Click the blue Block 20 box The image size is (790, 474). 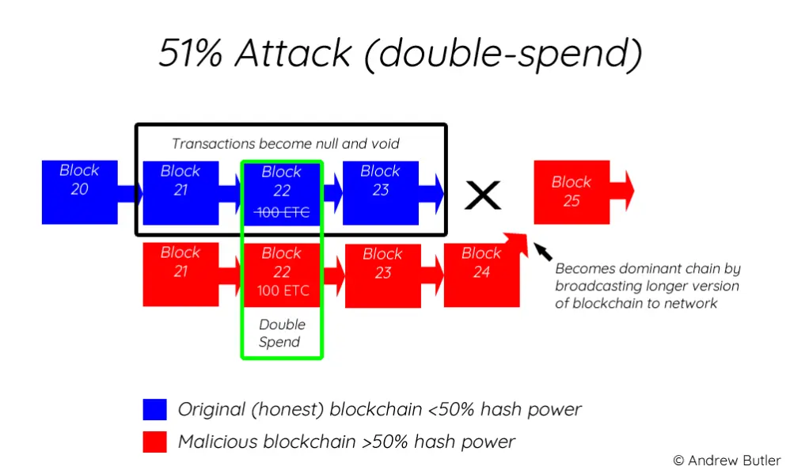80,192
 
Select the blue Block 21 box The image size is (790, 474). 180,193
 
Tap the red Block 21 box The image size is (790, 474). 180,275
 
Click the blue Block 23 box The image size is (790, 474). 381,193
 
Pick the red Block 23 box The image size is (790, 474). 383,276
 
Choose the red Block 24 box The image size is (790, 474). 481,275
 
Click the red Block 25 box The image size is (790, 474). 572,192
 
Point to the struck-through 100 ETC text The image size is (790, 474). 282,213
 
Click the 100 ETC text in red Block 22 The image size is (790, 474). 283,290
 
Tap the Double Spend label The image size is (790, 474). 281,333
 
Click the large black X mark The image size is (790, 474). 483,195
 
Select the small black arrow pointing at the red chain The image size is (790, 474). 542,252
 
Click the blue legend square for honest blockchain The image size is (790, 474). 154,410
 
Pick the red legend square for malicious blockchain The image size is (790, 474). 154,442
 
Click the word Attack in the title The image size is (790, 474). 293,53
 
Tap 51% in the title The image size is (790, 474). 191,53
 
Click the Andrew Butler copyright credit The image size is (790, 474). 727,461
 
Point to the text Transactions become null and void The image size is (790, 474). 286,144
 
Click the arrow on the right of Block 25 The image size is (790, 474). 622,191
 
